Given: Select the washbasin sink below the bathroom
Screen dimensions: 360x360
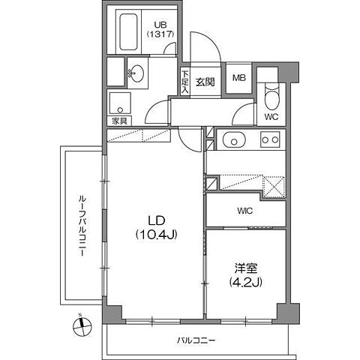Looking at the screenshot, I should pos(138,73).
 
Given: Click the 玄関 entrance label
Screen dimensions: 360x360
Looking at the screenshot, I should pos(205,82).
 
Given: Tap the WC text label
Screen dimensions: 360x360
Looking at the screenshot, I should pos(272,116).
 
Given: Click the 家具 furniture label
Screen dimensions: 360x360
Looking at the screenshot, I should pos(118,120).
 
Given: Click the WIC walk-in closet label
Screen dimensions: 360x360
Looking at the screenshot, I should pos(245,211).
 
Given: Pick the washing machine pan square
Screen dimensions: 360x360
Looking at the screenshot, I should pos(120,101).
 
